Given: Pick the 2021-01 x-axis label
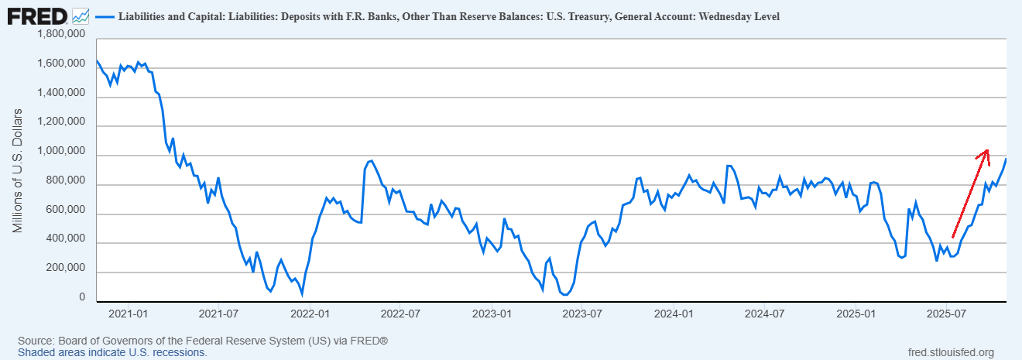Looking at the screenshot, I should (x=129, y=315).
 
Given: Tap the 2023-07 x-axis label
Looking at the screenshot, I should (x=582, y=315).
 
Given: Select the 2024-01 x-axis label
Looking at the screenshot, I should (x=673, y=315).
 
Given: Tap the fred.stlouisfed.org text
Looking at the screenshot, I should (x=950, y=352).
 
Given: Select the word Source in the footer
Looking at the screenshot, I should (x=36, y=341).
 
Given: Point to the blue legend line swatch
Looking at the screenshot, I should (x=105, y=16).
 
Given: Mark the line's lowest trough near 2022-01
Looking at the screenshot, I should (x=302, y=294).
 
